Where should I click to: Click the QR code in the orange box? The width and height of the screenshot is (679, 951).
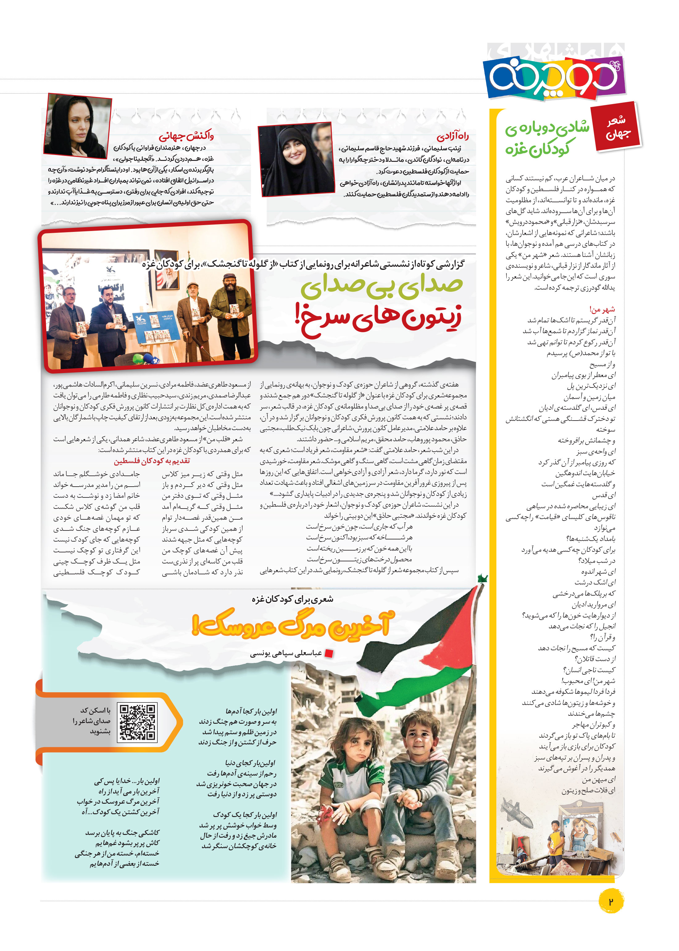(x=137, y=722)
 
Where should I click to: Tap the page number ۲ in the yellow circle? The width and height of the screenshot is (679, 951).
(x=610, y=901)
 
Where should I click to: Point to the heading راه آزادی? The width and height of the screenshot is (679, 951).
(x=452, y=136)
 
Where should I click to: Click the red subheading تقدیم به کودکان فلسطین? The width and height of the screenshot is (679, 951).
(x=152, y=461)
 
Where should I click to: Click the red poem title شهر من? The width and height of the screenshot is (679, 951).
(x=602, y=309)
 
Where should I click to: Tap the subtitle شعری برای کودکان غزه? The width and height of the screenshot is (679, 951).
(x=293, y=599)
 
